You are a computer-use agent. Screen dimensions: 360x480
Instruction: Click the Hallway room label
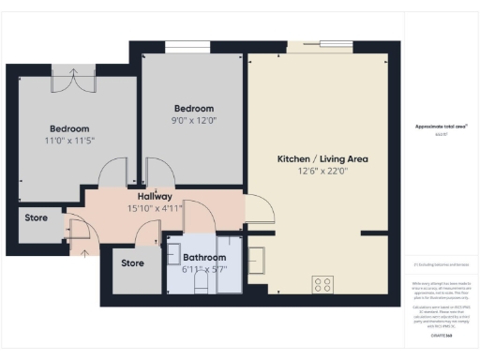(x=156, y=196)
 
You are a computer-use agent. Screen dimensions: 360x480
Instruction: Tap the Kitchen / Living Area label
(x=322, y=159)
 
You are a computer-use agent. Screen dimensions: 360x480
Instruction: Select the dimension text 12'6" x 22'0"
(x=322, y=171)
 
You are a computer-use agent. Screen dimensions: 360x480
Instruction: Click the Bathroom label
(x=204, y=257)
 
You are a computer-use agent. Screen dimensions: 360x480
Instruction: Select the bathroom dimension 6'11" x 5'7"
(x=204, y=269)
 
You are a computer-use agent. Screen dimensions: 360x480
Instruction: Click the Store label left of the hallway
(x=36, y=218)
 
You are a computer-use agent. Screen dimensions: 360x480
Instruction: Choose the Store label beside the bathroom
(x=132, y=263)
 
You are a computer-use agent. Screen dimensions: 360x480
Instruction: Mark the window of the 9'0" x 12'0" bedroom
(x=182, y=46)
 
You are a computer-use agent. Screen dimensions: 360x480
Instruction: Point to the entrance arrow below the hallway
(x=87, y=249)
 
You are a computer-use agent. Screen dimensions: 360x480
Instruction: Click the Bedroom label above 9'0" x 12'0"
(x=194, y=108)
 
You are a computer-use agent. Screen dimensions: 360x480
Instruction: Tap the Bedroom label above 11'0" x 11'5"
(x=69, y=128)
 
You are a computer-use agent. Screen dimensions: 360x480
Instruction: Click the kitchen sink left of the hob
(x=259, y=259)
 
